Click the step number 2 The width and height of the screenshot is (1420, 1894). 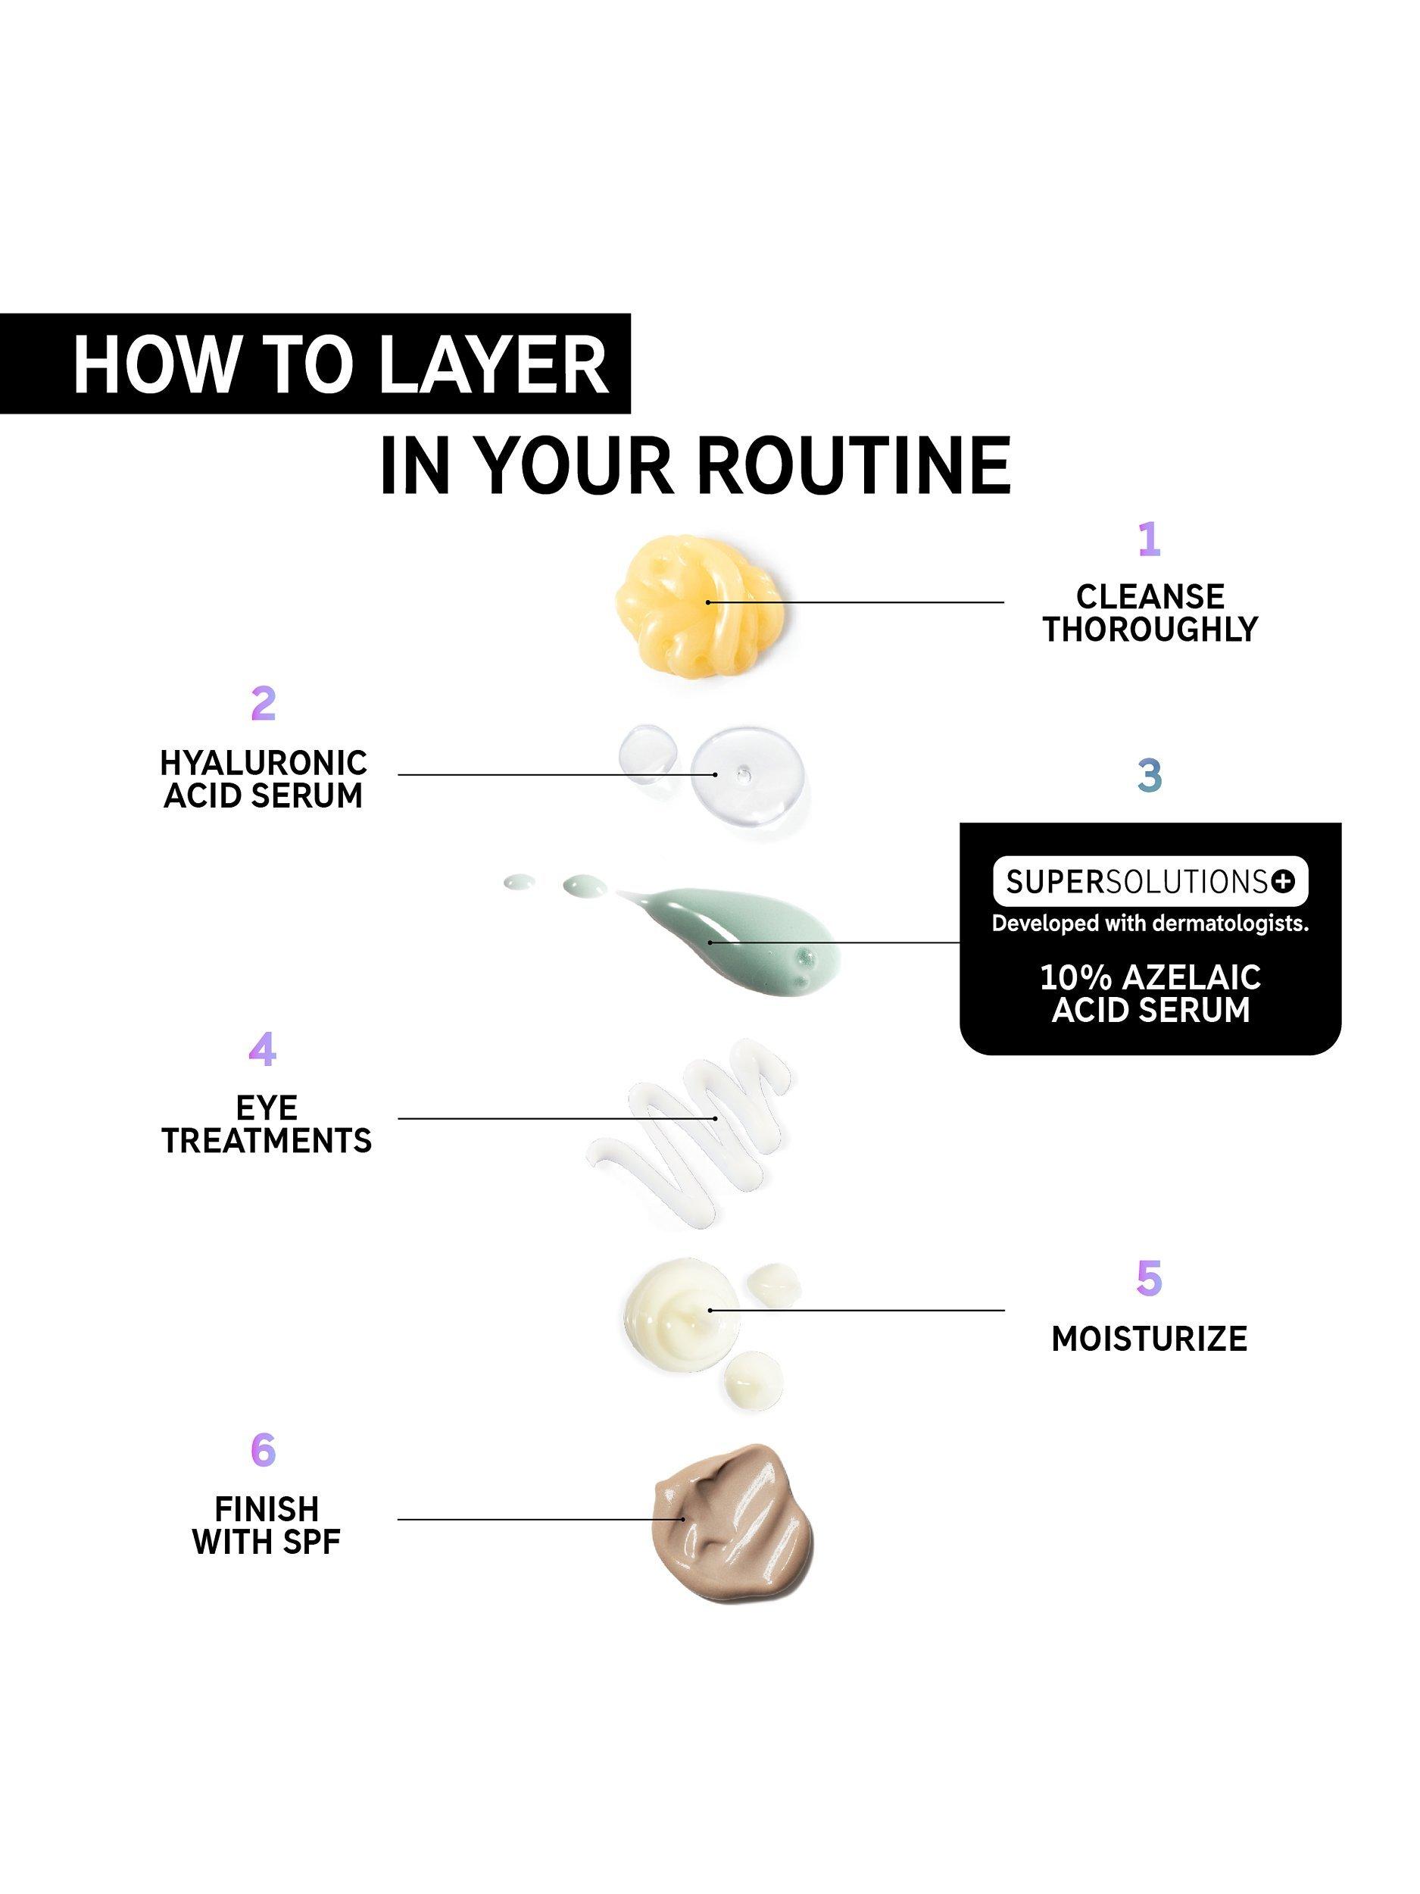264,703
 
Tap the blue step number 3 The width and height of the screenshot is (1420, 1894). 1150,775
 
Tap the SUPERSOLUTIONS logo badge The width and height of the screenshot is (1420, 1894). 1150,881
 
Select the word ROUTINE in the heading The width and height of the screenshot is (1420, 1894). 854,466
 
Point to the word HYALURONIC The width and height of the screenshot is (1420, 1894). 264,762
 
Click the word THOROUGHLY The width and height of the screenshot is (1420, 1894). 1150,630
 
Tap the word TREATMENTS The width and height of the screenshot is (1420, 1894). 267,1140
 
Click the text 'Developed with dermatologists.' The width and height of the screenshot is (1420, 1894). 1150,924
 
